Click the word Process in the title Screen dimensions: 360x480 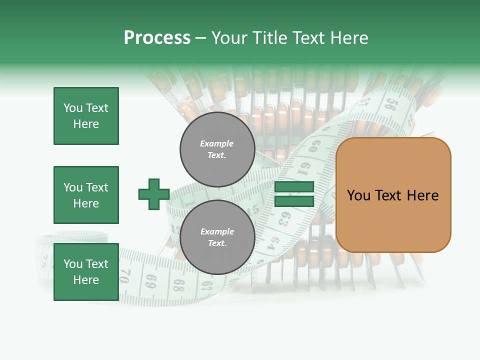coord(157,38)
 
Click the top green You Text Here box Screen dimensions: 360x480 coord(86,116)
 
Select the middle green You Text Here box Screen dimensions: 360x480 coord(86,195)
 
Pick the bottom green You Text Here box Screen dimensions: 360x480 coord(86,272)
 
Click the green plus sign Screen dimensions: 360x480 coord(154,194)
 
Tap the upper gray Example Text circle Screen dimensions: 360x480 coord(217,149)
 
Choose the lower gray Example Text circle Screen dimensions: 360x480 coord(217,237)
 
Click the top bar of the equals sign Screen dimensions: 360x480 coord(294,187)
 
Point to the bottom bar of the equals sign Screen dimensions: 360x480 coord(294,201)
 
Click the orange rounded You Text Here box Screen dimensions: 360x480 coord(393,195)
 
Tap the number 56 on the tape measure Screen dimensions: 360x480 coord(391,104)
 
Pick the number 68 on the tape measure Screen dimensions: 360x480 coord(179,285)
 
